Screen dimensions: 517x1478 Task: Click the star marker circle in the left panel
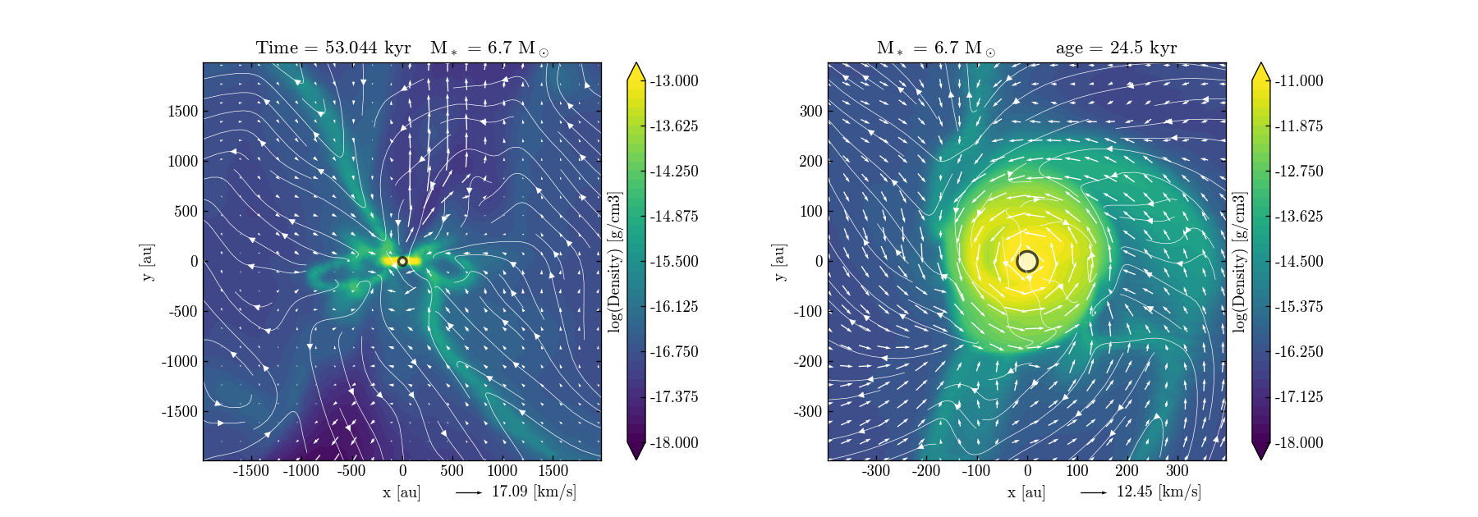point(402,261)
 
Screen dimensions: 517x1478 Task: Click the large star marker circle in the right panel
point(1027,261)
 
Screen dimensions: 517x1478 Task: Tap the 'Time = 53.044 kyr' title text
point(333,48)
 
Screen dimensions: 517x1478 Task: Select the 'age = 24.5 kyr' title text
point(1116,48)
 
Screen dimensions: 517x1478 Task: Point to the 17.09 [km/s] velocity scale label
point(534,492)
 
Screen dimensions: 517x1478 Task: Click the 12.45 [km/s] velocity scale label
point(1159,492)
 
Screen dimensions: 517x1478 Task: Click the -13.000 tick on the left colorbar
point(673,80)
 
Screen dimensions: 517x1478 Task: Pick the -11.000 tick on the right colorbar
point(1298,80)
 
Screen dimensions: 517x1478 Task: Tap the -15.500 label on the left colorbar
point(673,261)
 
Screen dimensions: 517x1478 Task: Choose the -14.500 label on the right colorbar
point(1298,261)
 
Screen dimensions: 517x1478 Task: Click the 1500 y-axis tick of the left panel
point(183,111)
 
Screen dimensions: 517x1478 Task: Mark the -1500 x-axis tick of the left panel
point(251,471)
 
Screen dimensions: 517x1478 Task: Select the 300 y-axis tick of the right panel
point(811,111)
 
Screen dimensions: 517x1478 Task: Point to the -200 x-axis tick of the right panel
point(927,471)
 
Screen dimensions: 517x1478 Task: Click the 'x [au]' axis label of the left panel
point(402,492)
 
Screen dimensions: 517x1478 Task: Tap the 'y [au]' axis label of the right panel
point(778,261)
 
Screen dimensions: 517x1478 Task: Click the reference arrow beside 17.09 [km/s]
point(469,492)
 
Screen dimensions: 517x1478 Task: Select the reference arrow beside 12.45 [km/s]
point(1094,492)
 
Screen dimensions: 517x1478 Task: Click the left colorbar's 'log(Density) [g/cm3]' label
point(614,261)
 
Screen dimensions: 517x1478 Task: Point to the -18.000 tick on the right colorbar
point(1298,442)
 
